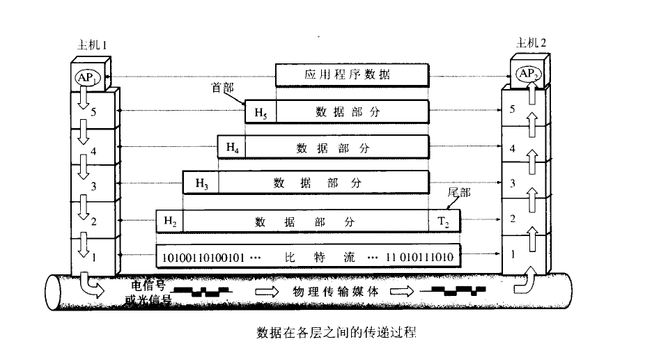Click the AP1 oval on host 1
tap(87, 77)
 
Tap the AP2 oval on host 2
tap(529, 74)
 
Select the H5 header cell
tap(261, 112)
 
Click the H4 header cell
tap(232, 147)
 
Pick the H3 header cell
tap(201, 183)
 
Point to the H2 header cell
tap(170, 221)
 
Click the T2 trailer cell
tap(444, 221)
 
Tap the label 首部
tap(223, 88)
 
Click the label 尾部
tap(458, 192)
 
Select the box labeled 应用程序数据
tap(352, 75)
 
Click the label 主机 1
tap(92, 45)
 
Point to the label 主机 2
tap(531, 42)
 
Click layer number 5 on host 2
tap(512, 109)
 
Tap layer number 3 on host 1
tap(93, 186)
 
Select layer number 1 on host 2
tap(513, 253)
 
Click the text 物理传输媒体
tap(336, 291)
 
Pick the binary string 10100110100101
tap(203, 258)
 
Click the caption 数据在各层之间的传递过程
tap(336, 333)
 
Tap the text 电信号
tap(148, 285)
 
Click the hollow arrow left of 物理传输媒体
tap(267, 291)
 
